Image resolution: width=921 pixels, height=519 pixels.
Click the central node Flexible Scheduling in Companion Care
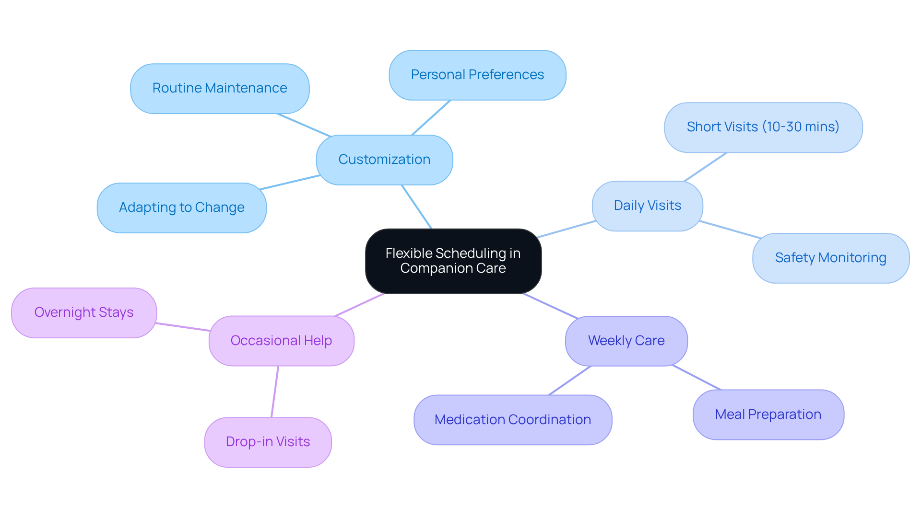(453, 261)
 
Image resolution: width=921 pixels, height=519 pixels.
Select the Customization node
(384, 160)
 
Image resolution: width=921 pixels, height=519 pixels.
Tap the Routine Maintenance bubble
(220, 89)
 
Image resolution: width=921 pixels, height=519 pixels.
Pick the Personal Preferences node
(477, 75)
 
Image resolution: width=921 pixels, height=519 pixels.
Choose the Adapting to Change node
(181, 208)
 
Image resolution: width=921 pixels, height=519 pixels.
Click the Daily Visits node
(647, 206)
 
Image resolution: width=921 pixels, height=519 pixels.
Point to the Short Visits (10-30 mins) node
(763, 127)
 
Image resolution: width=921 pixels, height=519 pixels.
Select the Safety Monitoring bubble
(830, 258)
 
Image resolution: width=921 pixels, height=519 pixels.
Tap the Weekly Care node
(626, 341)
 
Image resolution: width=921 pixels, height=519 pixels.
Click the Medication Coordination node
(512, 420)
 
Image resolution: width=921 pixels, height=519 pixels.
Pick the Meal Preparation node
(768, 415)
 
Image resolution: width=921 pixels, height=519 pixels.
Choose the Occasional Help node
(281, 341)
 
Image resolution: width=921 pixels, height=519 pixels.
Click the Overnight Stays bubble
(84, 312)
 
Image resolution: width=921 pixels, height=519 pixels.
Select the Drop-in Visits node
(268, 442)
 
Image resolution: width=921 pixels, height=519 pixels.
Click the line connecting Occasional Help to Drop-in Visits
(275, 392)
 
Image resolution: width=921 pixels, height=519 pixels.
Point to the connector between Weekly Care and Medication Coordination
(570, 381)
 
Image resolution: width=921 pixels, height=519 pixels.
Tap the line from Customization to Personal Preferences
(431, 117)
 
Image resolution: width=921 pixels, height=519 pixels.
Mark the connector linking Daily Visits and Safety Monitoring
(730, 230)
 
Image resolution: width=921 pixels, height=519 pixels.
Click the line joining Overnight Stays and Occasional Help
(183, 327)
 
